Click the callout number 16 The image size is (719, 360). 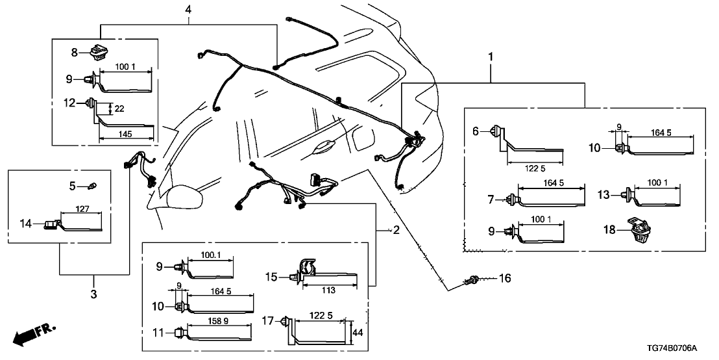coord(504,279)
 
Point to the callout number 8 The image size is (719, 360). coord(75,51)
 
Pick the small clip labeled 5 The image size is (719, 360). coord(92,186)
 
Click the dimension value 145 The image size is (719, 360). coord(127,133)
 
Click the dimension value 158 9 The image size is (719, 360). coord(218,320)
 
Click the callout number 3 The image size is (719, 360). coord(93,295)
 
